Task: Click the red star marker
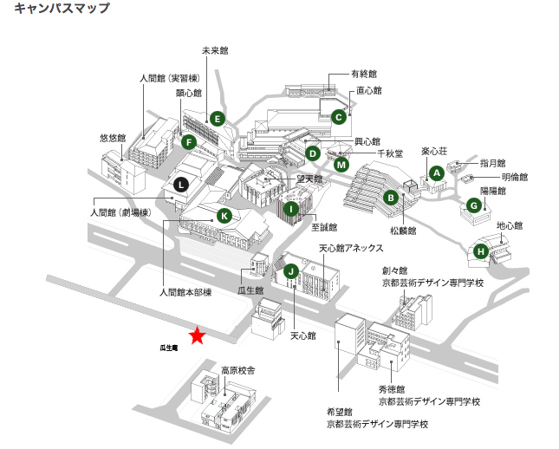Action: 198,335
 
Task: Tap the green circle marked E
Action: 217,119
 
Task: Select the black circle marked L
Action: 180,184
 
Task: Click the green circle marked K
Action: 224,215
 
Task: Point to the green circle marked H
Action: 481,252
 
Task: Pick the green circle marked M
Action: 341,164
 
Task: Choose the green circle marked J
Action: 291,271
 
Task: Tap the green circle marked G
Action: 473,205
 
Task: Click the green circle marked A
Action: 437,172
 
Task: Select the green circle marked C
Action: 338,115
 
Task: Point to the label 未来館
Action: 214,51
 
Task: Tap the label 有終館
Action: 364,74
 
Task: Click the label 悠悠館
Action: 113,138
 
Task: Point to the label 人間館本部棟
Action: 185,293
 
